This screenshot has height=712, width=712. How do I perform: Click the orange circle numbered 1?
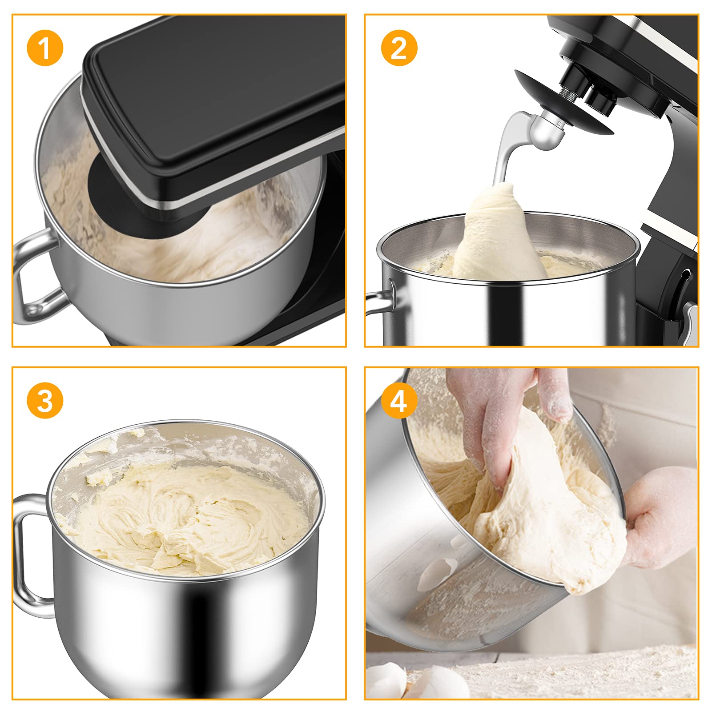click(x=44, y=48)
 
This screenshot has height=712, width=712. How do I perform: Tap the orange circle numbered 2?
click(x=399, y=48)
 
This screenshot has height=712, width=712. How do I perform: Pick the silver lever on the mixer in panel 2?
click(x=689, y=322)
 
